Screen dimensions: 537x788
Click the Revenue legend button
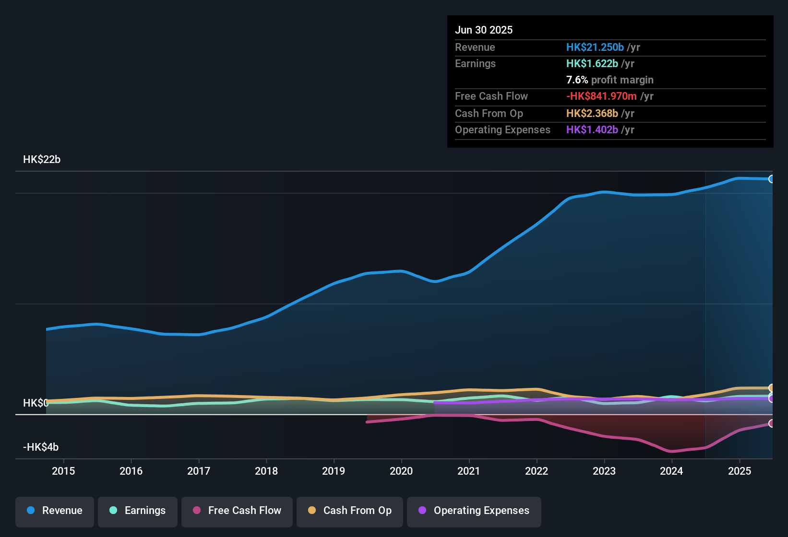click(55, 511)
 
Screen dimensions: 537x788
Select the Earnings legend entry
click(138, 511)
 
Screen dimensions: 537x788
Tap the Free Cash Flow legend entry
click(237, 511)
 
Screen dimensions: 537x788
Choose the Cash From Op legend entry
click(350, 511)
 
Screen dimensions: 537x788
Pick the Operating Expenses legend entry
click(474, 511)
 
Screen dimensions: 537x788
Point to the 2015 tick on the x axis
click(63, 471)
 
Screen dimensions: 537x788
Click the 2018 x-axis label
click(266, 471)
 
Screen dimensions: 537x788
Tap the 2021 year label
click(469, 471)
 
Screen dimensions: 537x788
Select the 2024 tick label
click(671, 471)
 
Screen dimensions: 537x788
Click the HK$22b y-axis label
click(42, 160)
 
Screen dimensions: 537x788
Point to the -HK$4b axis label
click(41, 447)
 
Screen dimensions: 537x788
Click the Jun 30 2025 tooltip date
click(484, 30)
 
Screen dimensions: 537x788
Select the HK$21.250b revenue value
click(595, 47)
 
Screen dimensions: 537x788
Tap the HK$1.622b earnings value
click(592, 63)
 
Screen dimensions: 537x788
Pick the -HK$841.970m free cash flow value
click(601, 96)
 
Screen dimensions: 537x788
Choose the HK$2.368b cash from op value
click(592, 113)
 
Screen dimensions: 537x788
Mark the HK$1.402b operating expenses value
click(592, 129)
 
